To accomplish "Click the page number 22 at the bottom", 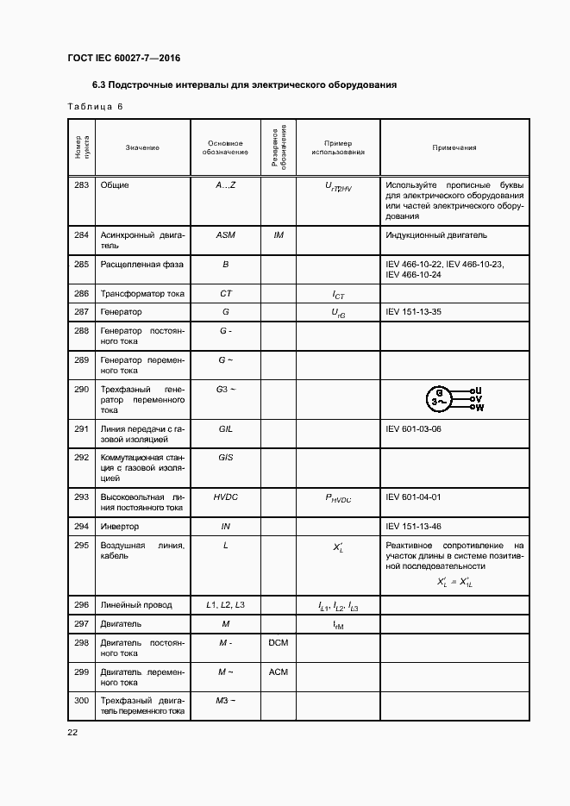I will click(x=72, y=732).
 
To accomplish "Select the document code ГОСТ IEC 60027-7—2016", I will click(x=123, y=59).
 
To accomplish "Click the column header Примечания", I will click(x=454, y=147).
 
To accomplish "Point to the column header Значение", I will click(x=142, y=147).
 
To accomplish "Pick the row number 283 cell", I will click(x=82, y=185).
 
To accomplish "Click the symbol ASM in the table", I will click(x=225, y=234).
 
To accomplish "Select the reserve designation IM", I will click(x=279, y=234).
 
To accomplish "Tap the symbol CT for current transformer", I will click(x=225, y=294).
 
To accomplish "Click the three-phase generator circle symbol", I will click(x=440, y=399).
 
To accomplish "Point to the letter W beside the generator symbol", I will click(x=479, y=408).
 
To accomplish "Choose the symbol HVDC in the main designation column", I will click(x=225, y=497).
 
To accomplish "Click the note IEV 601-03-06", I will click(x=413, y=428).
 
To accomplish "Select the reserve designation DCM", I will click(x=279, y=643).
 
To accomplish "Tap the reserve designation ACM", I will click(x=279, y=672).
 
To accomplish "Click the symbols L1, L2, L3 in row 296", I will click(x=225, y=605).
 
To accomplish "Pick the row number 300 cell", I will click(x=82, y=701).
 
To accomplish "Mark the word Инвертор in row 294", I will click(x=120, y=526).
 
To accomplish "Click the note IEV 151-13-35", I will click(x=413, y=312).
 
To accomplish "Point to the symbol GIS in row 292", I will click(x=225, y=458).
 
